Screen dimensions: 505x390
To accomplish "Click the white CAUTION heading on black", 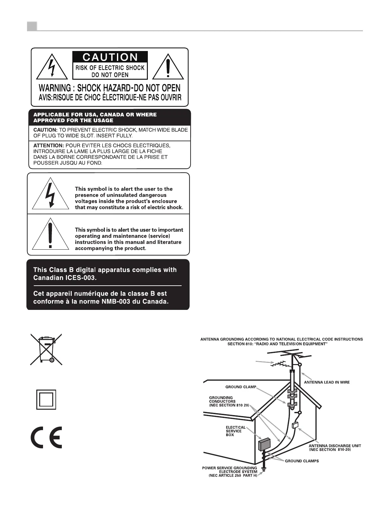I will click(x=110, y=57).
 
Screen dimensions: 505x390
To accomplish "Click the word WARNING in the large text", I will click(x=55, y=88).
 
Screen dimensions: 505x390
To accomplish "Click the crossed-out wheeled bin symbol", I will click(x=46, y=349).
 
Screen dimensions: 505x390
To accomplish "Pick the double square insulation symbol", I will click(x=46, y=399).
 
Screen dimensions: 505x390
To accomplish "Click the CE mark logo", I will click(x=47, y=437).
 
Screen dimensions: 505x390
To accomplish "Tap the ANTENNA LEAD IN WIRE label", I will click(x=327, y=382).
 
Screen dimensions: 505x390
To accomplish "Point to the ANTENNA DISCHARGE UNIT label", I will click(x=335, y=448).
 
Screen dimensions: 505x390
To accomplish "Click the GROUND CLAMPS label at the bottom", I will click(x=302, y=461).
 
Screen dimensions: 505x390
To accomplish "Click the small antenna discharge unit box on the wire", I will click(x=295, y=425).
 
